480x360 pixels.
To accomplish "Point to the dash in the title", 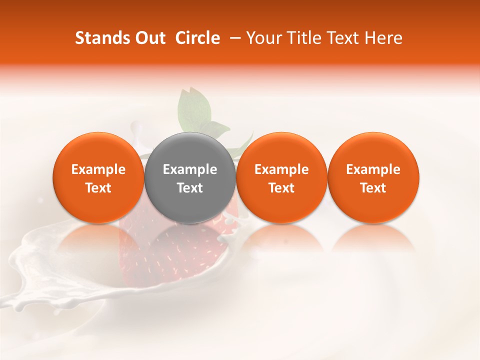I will (233, 38).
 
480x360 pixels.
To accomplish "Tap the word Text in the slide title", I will (341, 38).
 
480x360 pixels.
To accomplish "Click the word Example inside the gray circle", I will (190, 169).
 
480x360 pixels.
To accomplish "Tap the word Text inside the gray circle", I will (190, 188).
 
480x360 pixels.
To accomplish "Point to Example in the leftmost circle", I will (98, 169).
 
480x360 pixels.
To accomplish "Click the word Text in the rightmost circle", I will (373, 188).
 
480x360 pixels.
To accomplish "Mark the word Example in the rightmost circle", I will (373, 169).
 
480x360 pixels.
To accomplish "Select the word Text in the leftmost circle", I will (98, 188).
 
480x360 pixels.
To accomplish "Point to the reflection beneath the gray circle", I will (190, 240).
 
